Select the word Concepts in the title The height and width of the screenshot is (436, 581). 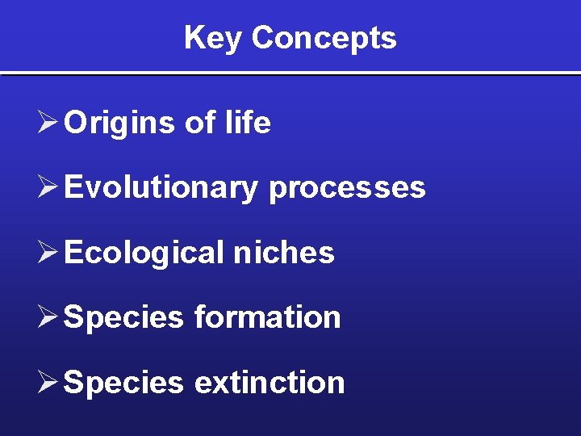(324, 38)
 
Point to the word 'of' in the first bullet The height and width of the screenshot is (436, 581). (199, 123)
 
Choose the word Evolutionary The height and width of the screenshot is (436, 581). (161, 188)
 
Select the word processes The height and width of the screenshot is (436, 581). (347, 188)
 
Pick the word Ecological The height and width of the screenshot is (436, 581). (144, 253)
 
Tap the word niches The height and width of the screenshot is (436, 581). (283, 253)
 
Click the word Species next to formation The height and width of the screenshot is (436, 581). (123, 317)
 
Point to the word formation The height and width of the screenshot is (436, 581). (267, 317)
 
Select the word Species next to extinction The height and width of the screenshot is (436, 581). (123, 383)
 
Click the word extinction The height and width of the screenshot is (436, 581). (270, 383)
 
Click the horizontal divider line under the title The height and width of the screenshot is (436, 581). (290, 74)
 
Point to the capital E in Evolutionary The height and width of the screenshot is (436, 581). (73, 187)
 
